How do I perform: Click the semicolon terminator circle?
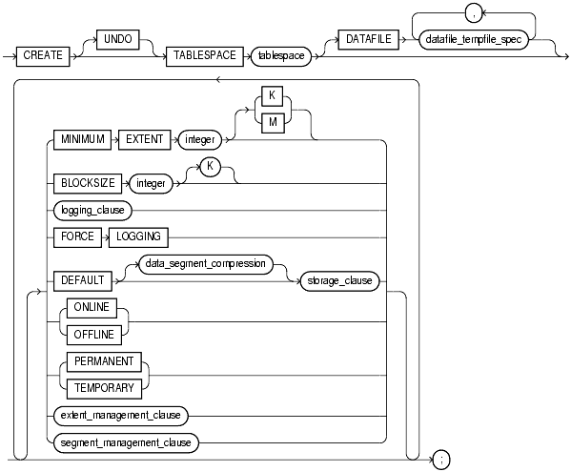(x=440, y=460)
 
